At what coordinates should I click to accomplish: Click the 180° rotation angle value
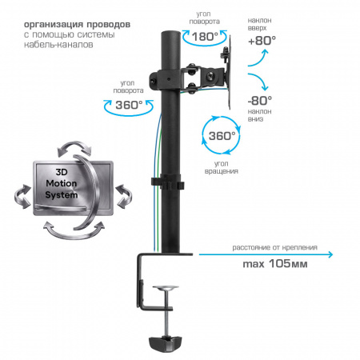[205, 37]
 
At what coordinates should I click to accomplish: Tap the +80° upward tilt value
[262, 41]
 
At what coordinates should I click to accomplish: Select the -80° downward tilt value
[260, 101]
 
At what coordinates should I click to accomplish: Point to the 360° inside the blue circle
[222, 136]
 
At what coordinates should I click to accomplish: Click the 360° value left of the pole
[129, 105]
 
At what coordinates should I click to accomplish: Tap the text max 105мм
[275, 264]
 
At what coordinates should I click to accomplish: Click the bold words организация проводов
[77, 24]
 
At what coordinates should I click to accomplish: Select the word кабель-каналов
[58, 44]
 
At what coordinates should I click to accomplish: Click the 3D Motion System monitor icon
[73, 190]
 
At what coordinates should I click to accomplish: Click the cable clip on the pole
[168, 182]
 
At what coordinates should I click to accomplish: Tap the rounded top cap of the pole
[170, 34]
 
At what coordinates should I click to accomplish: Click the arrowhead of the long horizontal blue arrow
[330, 254]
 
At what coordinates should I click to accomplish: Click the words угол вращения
[221, 167]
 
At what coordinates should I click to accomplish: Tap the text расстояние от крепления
[274, 247]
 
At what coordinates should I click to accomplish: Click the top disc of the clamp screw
[166, 288]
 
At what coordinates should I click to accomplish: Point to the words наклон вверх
[259, 24]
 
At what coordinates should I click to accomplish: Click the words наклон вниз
[259, 115]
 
